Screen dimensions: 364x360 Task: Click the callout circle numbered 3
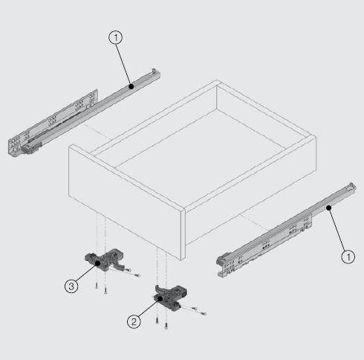pyautogui.click(x=71, y=286)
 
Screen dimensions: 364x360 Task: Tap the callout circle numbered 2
pyautogui.click(x=134, y=322)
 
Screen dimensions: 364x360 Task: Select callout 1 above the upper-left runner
pyautogui.click(x=115, y=38)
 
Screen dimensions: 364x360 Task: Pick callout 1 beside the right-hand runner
pyautogui.click(x=348, y=257)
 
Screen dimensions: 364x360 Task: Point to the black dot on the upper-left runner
pyautogui.click(x=131, y=86)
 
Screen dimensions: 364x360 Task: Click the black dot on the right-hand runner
pyautogui.click(x=328, y=208)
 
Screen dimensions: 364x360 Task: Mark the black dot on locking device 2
pyautogui.click(x=160, y=299)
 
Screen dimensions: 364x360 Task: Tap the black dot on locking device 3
pyautogui.click(x=98, y=263)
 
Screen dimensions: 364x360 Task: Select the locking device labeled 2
pyautogui.click(x=171, y=297)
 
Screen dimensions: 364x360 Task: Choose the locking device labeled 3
pyautogui.click(x=105, y=260)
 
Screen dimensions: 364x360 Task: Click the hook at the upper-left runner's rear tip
pyautogui.click(x=155, y=71)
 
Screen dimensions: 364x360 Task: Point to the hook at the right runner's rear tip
pyautogui.click(x=351, y=186)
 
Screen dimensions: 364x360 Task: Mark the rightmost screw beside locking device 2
pyautogui.click(x=203, y=313)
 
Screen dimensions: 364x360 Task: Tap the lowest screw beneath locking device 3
pyautogui.click(x=105, y=290)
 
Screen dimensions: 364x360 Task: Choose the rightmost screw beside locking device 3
pyautogui.click(x=137, y=275)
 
